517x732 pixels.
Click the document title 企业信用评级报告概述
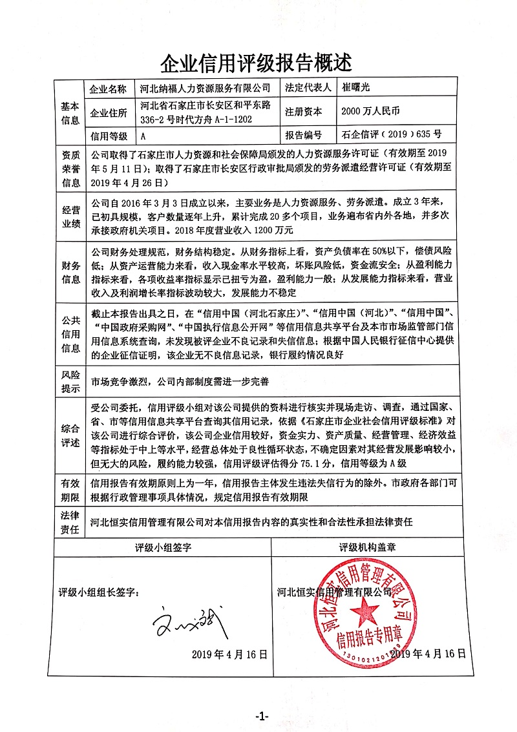click(258, 63)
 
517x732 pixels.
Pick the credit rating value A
click(143, 136)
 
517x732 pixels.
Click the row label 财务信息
click(70, 273)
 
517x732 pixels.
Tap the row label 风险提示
click(70, 382)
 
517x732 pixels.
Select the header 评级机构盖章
click(376, 547)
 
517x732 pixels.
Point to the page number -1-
click(261, 716)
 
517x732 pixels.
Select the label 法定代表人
click(308, 88)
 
